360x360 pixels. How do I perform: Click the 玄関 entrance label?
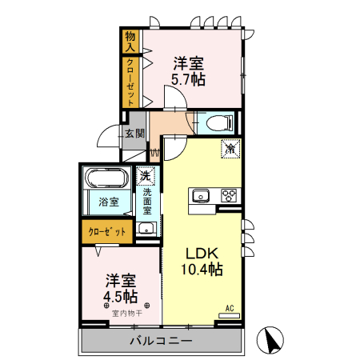coord(134,134)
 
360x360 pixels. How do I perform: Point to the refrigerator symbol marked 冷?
coord(230,148)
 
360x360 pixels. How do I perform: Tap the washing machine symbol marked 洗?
coord(146,175)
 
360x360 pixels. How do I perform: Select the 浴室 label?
coord(109,202)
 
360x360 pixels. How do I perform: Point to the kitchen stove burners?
coord(230,195)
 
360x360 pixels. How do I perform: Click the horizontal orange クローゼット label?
coord(107,232)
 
